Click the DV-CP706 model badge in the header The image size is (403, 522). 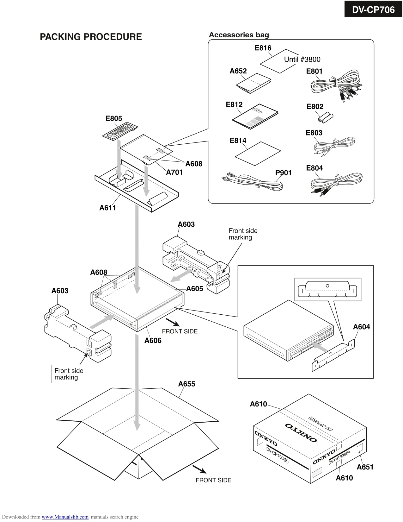[373, 10]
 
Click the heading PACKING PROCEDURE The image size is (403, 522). [91, 37]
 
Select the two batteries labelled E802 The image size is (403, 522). [325, 117]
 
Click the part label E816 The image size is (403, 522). [263, 48]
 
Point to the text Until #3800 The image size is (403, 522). [302, 59]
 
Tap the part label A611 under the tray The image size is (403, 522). [107, 208]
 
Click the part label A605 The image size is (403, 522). [194, 288]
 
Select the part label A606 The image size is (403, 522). [153, 340]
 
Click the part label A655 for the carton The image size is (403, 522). [186, 384]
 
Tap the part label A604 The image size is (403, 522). [361, 327]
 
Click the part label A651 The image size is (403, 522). [365, 467]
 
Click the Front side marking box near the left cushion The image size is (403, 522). [69, 374]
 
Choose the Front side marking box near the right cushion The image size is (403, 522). [243, 234]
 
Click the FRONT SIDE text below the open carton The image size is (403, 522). [213, 480]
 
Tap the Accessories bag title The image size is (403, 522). [239, 35]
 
